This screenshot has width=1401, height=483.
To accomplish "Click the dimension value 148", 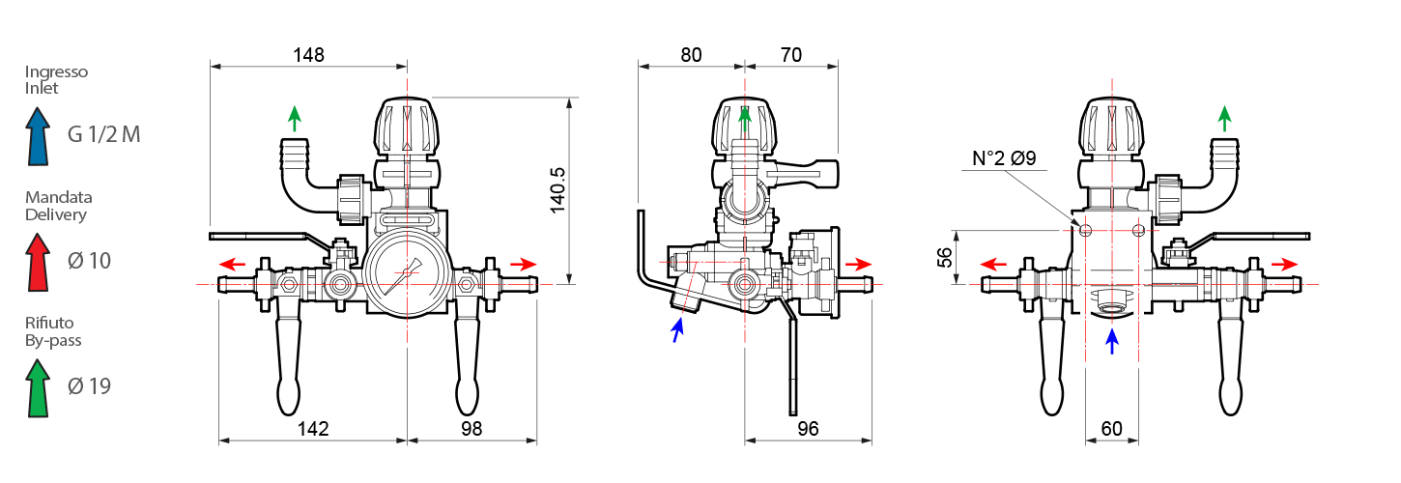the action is point(308,55).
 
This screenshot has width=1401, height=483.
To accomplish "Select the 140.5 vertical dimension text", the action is point(558,190).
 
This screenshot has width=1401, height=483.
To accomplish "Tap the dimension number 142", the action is point(313,429).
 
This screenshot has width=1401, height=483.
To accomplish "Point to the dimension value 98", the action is point(472,429).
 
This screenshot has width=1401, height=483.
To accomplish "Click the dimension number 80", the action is point(691,55).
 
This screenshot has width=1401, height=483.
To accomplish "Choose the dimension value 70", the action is point(791,55).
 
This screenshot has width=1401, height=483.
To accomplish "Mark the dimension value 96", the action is point(808,429).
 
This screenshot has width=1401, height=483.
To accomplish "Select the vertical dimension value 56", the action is point(945,257).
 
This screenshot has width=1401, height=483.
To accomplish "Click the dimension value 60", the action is point(1111,429).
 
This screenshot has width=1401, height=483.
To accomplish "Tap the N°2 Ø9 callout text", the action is point(1004,158).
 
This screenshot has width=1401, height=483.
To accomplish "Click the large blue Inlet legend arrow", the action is point(38,136).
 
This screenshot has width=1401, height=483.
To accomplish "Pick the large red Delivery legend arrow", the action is point(38,262).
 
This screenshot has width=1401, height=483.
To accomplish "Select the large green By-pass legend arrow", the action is point(38,388).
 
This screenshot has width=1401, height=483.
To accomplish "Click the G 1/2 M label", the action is point(103,134).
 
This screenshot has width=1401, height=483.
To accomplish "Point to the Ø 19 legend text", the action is point(89,386).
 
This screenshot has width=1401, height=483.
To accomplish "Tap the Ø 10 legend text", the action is point(89,260).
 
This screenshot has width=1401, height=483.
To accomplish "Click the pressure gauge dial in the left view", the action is point(407,272).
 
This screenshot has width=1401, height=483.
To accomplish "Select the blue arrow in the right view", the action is point(1111,342).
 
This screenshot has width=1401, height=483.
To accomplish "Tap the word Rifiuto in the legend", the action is point(49,323).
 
